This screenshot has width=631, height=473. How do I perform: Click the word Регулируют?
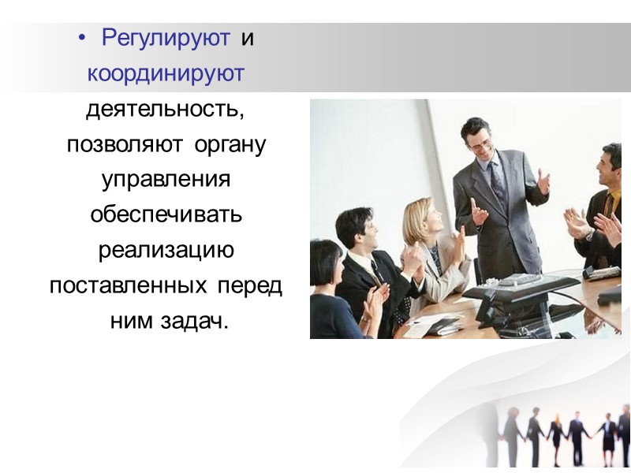[x=166, y=38]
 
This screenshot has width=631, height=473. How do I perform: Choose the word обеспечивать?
[x=166, y=215]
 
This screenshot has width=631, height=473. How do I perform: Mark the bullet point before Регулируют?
[x=84, y=39]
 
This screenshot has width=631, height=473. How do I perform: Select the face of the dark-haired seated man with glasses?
[x=359, y=230]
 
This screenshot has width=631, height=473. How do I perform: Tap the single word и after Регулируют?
[x=247, y=38]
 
